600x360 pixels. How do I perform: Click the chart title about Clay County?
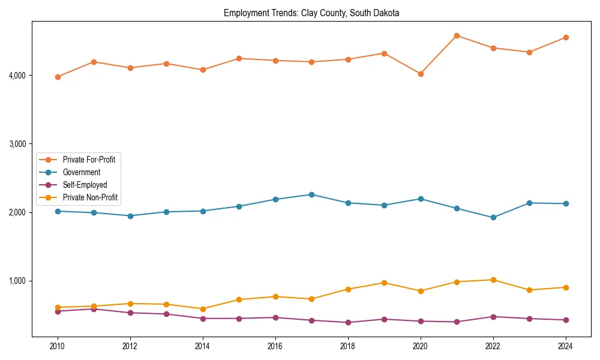click(311, 13)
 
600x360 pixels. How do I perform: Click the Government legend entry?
click(81, 172)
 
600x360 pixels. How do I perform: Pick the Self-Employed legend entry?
click(85, 185)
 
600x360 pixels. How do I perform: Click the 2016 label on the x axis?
click(275, 346)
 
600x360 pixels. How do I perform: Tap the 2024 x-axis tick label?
click(565, 346)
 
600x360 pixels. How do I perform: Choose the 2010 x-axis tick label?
click(58, 346)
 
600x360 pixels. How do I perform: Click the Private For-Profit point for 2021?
click(457, 35)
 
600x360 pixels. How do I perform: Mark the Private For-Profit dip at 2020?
click(421, 74)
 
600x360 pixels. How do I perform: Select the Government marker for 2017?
click(311, 194)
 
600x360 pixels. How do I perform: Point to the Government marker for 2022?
click(493, 217)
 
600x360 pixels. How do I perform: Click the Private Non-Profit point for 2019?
click(384, 283)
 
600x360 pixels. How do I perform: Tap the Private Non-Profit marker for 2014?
click(203, 309)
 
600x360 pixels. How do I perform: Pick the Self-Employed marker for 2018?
click(348, 322)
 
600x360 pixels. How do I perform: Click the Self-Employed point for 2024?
click(565, 320)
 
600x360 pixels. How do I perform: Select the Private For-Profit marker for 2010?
click(58, 77)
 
